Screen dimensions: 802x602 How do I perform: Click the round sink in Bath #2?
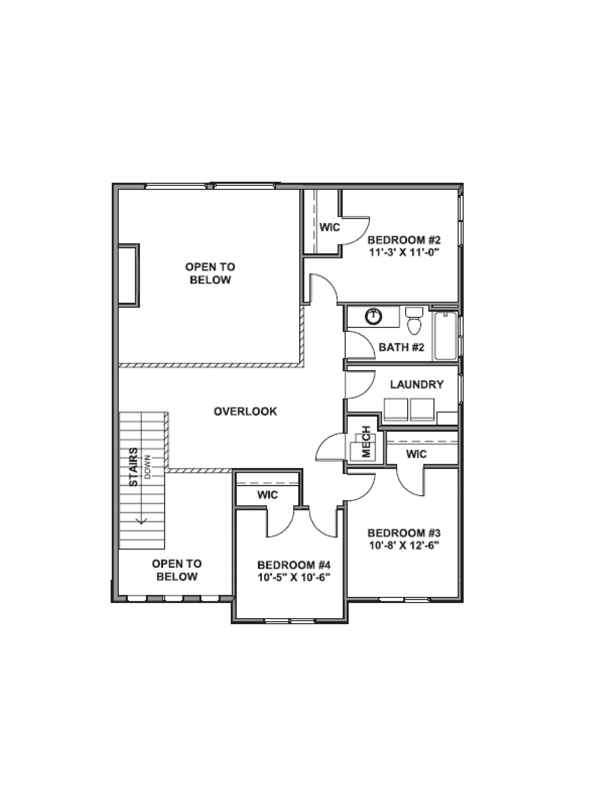pyautogui.click(x=374, y=317)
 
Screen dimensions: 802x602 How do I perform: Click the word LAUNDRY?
pyautogui.click(x=417, y=384)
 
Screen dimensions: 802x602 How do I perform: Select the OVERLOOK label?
pyautogui.click(x=245, y=411)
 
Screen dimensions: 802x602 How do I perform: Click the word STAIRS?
pyautogui.click(x=134, y=467)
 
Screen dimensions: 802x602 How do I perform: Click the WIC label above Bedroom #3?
pyautogui.click(x=416, y=454)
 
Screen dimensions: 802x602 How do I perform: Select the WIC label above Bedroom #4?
pyautogui.click(x=267, y=495)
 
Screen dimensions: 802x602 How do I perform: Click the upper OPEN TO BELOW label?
pyautogui.click(x=210, y=273)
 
